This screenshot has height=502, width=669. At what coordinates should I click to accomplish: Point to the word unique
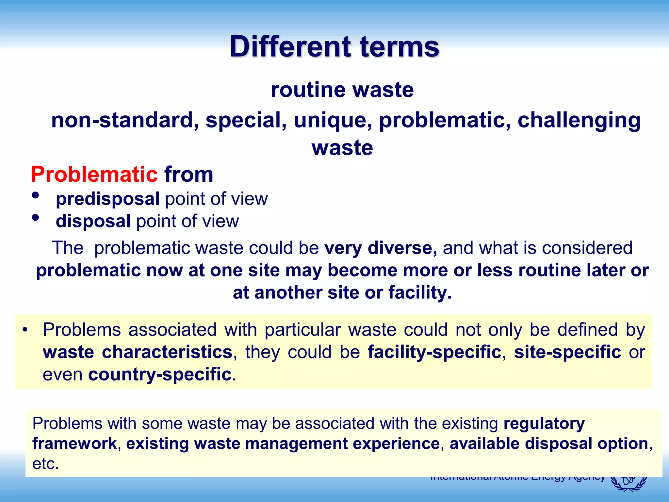(x=333, y=120)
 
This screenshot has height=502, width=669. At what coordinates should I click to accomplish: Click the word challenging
(x=579, y=120)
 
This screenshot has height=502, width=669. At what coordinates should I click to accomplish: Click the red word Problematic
(x=94, y=174)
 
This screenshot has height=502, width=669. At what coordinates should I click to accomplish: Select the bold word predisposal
(x=107, y=199)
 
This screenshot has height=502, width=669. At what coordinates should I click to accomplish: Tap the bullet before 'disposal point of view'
(x=36, y=218)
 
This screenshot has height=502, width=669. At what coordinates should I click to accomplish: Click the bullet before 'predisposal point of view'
(x=36, y=195)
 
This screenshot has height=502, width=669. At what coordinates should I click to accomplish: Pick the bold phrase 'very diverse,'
(x=381, y=248)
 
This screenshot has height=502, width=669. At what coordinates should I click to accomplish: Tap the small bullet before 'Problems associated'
(x=25, y=330)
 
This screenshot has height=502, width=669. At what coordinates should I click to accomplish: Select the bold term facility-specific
(x=434, y=352)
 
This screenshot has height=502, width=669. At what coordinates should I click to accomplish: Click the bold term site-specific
(x=567, y=352)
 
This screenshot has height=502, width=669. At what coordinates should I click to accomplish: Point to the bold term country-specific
(x=160, y=374)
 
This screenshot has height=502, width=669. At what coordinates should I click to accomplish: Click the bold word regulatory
(x=544, y=424)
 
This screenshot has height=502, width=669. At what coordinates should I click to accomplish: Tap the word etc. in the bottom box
(x=45, y=463)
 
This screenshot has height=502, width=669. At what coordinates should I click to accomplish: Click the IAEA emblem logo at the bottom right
(x=629, y=484)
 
